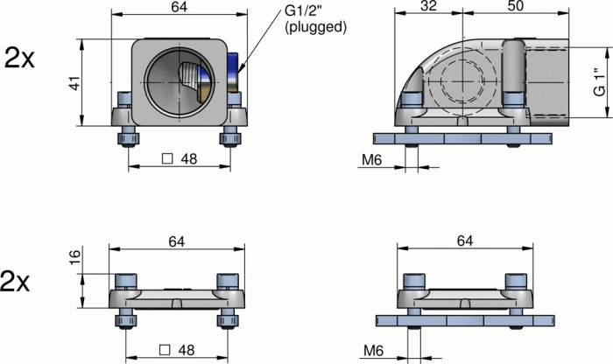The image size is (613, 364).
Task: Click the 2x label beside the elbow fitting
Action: [20, 59]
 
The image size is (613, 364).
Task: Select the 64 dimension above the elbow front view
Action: [179, 8]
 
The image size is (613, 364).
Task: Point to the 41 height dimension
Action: [75, 83]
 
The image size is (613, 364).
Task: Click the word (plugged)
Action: [316, 27]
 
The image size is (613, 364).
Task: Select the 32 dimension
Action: [428, 7]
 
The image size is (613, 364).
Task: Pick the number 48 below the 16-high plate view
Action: [186, 350]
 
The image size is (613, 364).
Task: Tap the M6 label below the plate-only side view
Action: [374, 350]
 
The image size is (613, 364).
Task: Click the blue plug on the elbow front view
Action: [232, 70]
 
